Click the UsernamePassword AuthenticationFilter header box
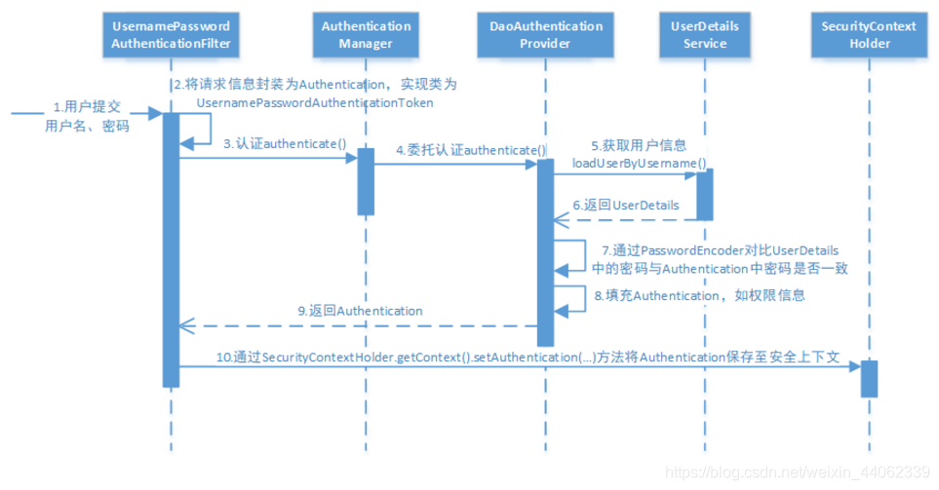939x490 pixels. coord(171,36)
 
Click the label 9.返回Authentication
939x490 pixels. coord(360,311)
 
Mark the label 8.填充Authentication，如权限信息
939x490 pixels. coord(699,293)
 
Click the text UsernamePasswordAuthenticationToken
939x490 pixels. coord(314,102)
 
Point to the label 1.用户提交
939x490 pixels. coord(85,106)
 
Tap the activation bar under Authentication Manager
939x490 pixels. coord(366,181)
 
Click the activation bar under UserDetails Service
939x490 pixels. coord(703,195)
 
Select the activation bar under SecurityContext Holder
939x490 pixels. coord(869,378)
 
